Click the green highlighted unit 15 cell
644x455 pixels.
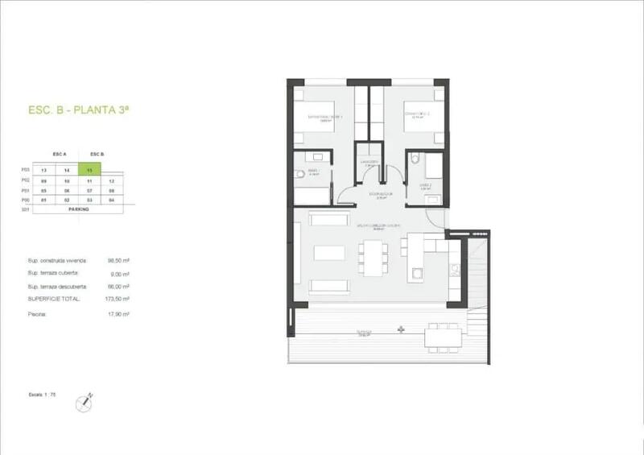[x=93, y=171]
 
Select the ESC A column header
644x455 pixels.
[x=58, y=153]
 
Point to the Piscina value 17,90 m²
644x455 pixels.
[x=119, y=314]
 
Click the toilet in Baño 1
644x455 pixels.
[x=299, y=175]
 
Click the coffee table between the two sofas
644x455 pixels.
[x=328, y=252]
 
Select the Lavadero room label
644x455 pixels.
[x=369, y=161]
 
